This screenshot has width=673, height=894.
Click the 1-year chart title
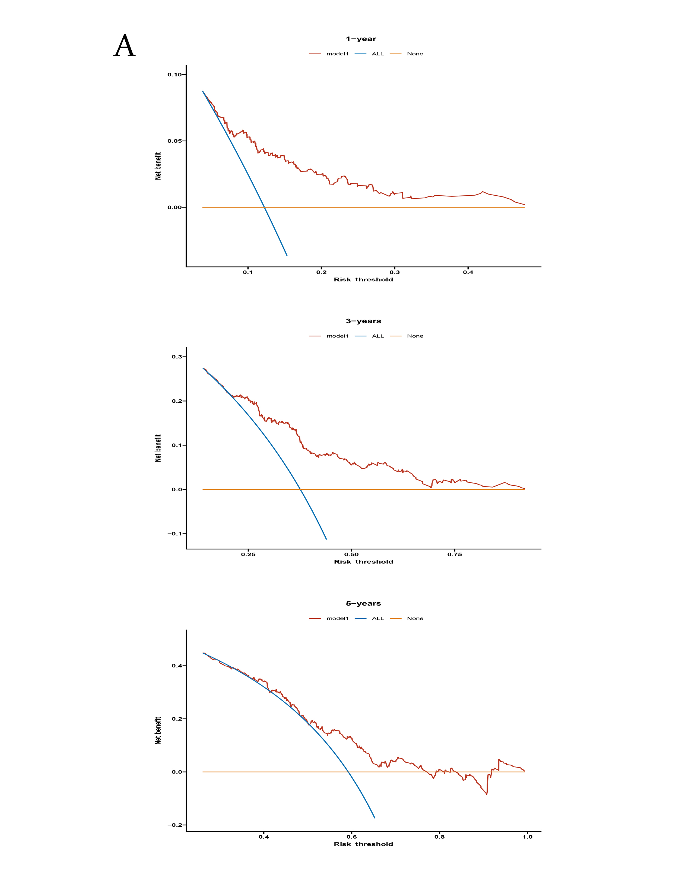361,39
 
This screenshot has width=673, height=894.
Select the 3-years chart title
363,321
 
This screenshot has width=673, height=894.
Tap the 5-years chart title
363,603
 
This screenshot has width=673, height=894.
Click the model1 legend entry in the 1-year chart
337,54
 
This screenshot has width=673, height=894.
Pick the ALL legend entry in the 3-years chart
377,336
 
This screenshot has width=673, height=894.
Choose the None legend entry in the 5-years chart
415,618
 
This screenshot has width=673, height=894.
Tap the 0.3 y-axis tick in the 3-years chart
177,357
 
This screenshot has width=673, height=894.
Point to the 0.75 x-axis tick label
454,554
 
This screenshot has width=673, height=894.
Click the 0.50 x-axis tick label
351,554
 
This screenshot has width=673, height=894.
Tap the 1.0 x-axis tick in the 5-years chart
527,836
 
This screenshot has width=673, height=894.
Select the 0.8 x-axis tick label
439,836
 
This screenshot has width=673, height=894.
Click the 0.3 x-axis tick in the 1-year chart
395,272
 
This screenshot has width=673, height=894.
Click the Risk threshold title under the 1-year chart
363,279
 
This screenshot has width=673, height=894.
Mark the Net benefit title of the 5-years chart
158,730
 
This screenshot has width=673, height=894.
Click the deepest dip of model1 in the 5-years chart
487,794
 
